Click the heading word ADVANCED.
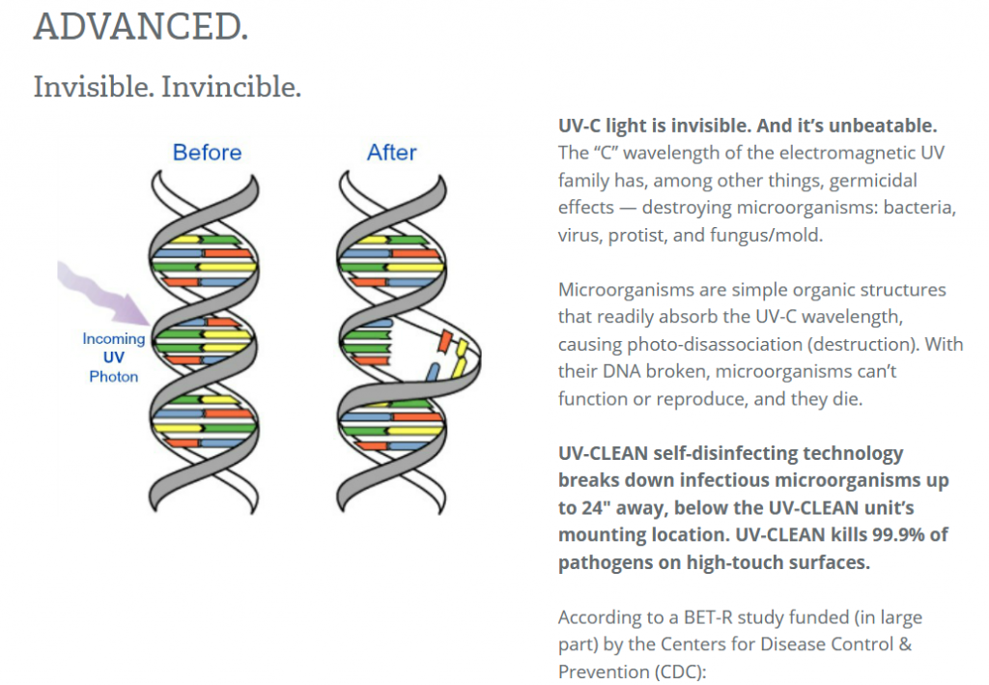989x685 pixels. tap(141, 26)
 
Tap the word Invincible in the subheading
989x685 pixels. tap(231, 87)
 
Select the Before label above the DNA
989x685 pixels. tap(207, 153)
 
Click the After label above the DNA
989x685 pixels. tap(392, 153)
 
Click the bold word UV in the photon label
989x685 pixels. tap(114, 357)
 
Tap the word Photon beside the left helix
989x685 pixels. tap(114, 377)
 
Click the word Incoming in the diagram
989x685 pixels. tap(114, 339)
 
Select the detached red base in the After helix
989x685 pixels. tap(445, 341)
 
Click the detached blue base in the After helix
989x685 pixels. tap(433, 372)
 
